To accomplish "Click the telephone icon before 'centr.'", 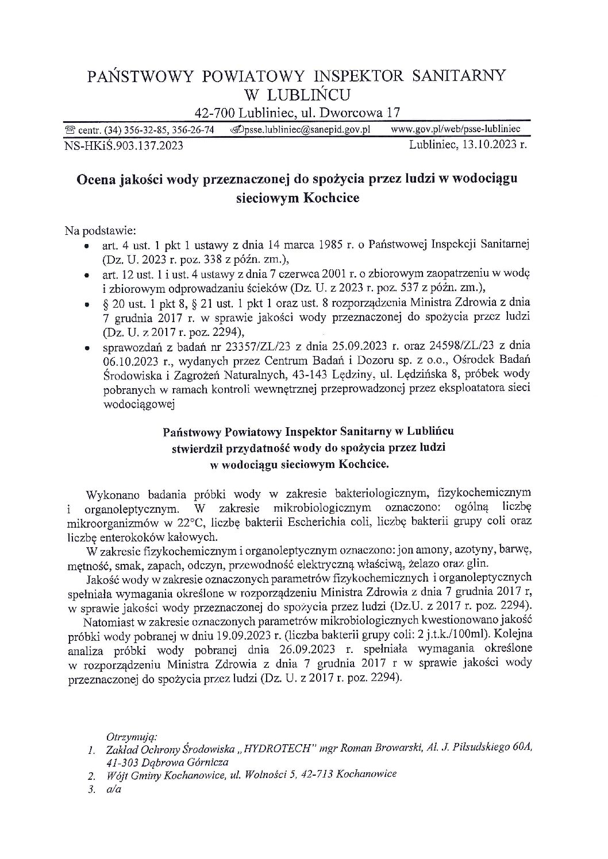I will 70,131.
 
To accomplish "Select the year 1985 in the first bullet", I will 333,245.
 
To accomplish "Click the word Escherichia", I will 284,523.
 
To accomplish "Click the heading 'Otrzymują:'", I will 128,736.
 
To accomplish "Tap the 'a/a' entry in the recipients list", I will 113,788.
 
